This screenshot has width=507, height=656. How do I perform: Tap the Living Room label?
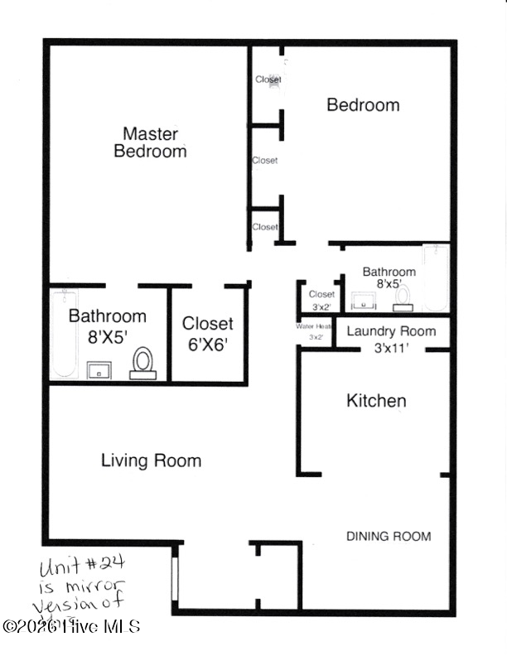click(151, 461)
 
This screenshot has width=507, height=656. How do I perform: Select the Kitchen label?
click(376, 402)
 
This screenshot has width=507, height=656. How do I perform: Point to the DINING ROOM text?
click(388, 537)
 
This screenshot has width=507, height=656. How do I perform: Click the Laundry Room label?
click(390, 331)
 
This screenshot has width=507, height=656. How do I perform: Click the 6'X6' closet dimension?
click(208, 345)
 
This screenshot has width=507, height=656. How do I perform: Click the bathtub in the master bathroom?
click(64, 333)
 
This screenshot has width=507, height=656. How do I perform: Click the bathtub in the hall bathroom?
click(435, 277)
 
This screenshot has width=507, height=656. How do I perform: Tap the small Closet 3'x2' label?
click(321, 300)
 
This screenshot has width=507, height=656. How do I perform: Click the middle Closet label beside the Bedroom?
click(265, 161)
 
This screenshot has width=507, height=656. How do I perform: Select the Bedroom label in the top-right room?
click(363, 105)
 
